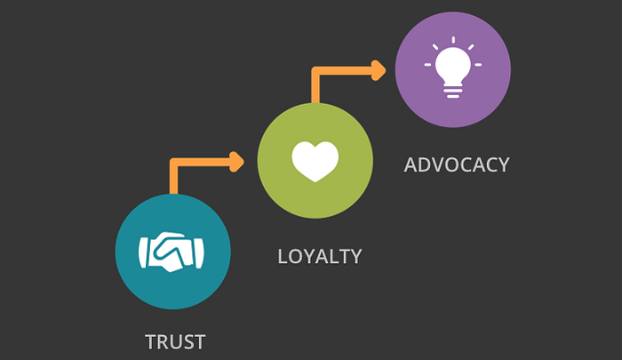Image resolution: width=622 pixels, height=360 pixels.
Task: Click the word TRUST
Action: tap(175, 341)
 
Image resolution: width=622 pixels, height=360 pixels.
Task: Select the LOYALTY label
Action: tap(320, 257)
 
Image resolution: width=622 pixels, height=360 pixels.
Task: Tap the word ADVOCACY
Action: tap(457, 164)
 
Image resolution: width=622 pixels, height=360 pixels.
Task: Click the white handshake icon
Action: tap(172, 252)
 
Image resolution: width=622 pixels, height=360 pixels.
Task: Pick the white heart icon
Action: tap(315, 161)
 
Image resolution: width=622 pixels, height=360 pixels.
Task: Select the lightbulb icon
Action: tap(452, 68)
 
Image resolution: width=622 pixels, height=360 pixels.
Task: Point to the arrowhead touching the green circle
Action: tap(236, 162)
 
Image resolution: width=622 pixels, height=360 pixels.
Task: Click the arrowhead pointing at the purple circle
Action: tap(379, 69)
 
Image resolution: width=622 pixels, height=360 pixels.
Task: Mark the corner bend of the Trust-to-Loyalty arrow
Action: tap(173, 163)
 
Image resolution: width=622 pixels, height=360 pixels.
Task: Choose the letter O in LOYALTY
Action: tap(297, 257)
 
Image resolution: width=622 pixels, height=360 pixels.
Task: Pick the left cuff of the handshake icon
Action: tap(144, 252)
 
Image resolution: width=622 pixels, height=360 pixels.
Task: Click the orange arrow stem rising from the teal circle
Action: tap(173, 180)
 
